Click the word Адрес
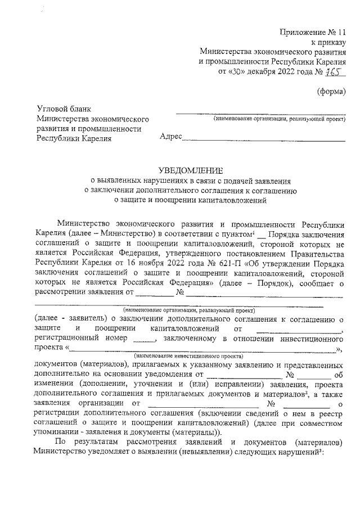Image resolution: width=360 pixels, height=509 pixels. click(171, 137)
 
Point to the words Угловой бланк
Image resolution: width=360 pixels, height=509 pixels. click(63, 109)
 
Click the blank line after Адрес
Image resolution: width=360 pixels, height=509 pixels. click(264, 139)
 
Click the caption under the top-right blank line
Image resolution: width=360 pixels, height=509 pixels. click(279, 119)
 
